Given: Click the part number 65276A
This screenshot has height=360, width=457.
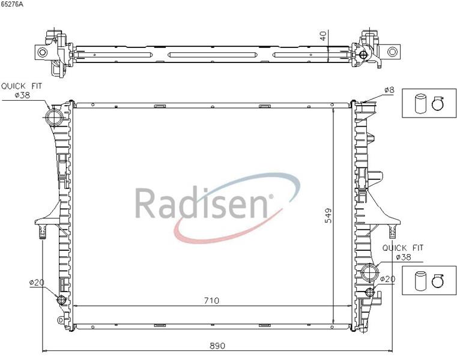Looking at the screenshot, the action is click(11, 5).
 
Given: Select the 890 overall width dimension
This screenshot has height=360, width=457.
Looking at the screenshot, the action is click(217, 346).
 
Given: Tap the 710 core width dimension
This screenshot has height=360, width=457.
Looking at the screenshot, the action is click(211, 300).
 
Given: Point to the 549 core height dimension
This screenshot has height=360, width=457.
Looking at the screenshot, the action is click(328, 215).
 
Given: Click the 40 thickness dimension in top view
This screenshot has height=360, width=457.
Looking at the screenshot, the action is click(323, 36).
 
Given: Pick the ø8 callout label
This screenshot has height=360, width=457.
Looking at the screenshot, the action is click(389, 90).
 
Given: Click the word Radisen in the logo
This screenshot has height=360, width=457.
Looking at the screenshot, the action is click(201, 202).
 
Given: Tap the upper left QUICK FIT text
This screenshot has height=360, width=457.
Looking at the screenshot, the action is click(22, 86).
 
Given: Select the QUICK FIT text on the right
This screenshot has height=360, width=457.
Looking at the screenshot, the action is click(402, 248).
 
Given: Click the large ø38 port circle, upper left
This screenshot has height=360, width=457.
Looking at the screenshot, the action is click(54, 117).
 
